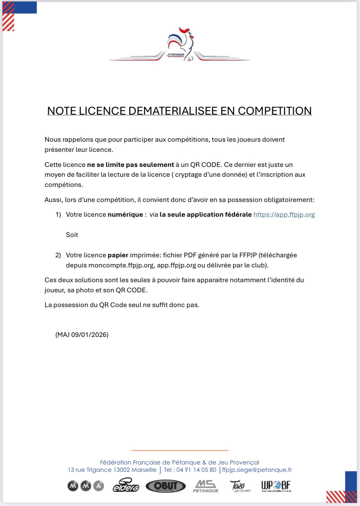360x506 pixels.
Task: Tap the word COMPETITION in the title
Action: [275, 111]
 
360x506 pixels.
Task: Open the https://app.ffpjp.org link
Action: [284, 215]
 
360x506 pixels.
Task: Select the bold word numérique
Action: [125, 215]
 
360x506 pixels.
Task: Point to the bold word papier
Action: [118, 255]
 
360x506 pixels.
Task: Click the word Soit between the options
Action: [72, 235]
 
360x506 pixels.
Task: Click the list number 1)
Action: [58, 215]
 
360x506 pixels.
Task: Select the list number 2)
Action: [58, 255]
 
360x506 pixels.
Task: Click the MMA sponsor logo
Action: [86, 486]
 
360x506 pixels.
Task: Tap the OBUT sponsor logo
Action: [166, 486]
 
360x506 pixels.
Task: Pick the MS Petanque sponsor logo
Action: [206, 486]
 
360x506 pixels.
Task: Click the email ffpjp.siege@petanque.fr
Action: [257, 470]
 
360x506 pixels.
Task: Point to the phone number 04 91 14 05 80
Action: [196, 470]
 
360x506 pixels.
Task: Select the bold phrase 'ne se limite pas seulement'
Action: [130, 165]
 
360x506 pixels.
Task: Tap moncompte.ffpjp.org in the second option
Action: [121, 265]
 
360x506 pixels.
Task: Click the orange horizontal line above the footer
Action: [180, 450]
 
